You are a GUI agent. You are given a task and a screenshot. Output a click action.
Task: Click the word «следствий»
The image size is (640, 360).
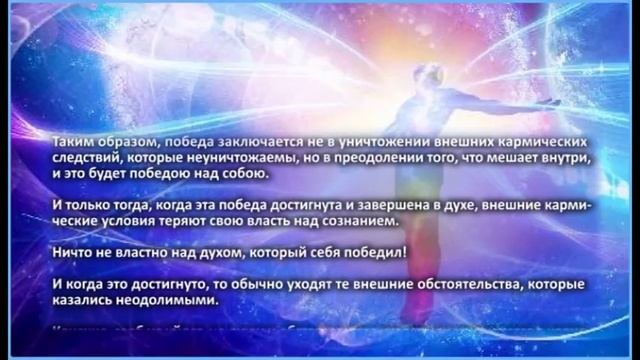point(86,158)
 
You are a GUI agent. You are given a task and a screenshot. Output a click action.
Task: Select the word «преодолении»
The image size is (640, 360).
point(361,158)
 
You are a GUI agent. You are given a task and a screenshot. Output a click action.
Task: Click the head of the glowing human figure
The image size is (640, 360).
point(337,77)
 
